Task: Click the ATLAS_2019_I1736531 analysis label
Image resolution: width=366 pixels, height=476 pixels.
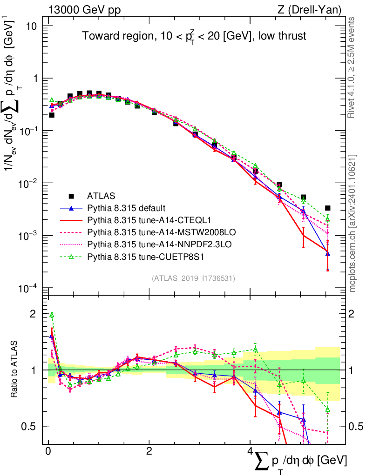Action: [193, 278]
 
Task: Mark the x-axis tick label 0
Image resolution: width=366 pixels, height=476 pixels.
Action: [48, 452]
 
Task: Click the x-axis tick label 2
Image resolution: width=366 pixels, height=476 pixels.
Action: [149, 452]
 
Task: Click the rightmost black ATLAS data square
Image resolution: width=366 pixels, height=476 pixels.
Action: [328, 208]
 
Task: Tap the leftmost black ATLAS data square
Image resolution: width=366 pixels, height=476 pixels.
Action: [52, 115]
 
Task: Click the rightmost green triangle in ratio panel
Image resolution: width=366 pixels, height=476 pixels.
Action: [328, 410]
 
